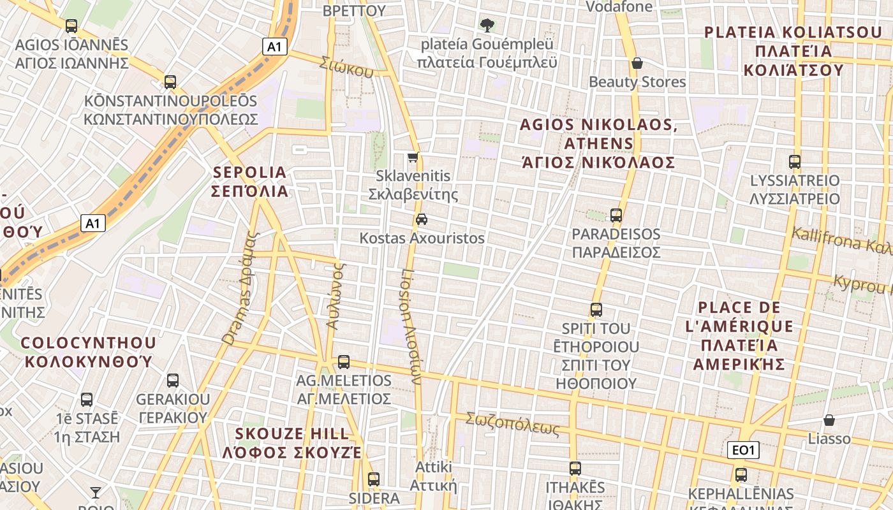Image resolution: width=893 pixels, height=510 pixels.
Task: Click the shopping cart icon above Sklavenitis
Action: [x=413, y=157]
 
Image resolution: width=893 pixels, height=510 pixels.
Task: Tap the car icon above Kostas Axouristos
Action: [x=422, y=219]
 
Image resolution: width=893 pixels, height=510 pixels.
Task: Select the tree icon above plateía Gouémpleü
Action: [x=487, y=25]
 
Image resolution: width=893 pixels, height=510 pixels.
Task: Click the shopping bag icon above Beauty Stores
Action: [x=637, y=63]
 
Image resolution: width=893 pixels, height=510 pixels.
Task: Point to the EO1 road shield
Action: [x=743, y=450]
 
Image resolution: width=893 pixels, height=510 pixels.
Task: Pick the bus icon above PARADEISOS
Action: [x=616, y=215]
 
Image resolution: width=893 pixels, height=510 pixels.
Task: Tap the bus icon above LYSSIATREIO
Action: [x=795, y=162]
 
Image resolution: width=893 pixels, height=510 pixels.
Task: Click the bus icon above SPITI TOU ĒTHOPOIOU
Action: [x=596, y=310]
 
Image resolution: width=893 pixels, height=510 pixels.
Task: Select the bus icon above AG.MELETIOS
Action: [x=344, y=362]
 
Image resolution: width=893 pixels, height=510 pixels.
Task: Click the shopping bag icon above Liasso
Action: [x=829, y=420]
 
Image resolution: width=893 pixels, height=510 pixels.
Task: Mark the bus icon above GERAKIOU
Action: [x=173, y=381]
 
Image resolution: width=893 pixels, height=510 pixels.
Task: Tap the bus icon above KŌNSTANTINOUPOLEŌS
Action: [x=170, y=82]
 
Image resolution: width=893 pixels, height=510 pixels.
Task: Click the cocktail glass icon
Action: [x=96, y=492]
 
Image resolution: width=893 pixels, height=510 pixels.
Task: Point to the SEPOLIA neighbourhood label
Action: [x=250, y=182]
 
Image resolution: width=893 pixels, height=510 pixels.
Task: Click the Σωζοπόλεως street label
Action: [x=512, y=424]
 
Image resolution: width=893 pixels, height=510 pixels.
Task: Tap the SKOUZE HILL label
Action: [x=292, y=443]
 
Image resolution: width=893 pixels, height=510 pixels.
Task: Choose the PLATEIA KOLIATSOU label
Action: [x=793, y=51]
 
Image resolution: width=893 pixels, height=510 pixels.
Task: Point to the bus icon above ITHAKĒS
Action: [x=575, y=469]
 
